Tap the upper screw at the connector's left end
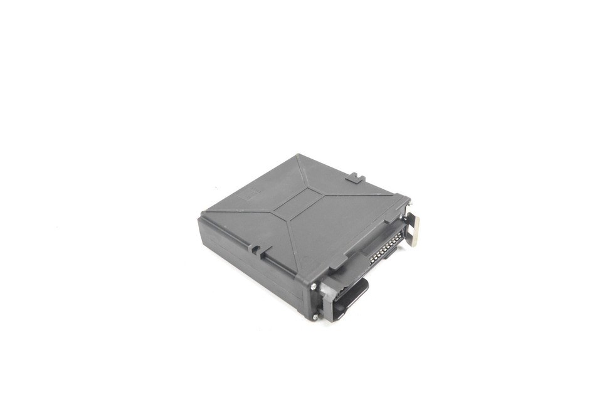tap(314, 286)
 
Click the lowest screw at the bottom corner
tap(315, 317)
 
